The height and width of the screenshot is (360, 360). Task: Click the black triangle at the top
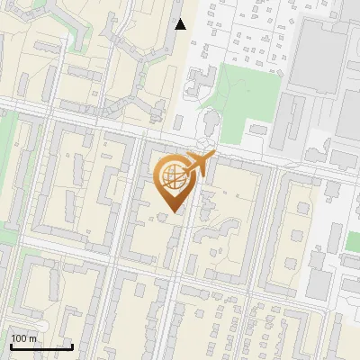[181, 24]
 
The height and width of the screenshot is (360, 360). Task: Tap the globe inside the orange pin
[172, 176]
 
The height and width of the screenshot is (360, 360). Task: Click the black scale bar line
[41, 346]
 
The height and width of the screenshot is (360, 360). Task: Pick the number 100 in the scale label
[20, 338]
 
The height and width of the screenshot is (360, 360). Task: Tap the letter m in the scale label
[33, 338]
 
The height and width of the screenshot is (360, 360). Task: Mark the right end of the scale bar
[72, 346]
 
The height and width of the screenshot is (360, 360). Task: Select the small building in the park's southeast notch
[258, 130]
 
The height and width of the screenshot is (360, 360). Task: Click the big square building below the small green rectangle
[319, 284]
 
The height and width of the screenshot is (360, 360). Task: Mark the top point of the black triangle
[181, 19]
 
